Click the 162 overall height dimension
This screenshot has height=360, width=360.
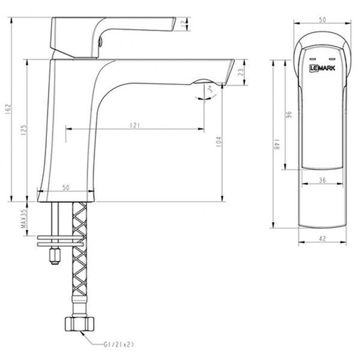click(x=8, y=109)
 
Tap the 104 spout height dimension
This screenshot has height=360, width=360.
click(x=218, y=142)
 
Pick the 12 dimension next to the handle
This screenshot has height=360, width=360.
click(x=182, y=23)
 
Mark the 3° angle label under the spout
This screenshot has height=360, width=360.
click(x=209, y=91)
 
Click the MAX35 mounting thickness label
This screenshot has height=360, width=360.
click(x=24, y=219)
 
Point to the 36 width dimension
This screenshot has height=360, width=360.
click(x=322, y=179)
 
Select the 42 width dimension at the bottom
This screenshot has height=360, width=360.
click(x=322, y=238)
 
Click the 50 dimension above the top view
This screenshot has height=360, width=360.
click(x=322, y=20)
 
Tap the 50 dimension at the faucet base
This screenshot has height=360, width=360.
click(x=66, y=188)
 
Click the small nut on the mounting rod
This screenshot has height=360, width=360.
click(x=55, y=257)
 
